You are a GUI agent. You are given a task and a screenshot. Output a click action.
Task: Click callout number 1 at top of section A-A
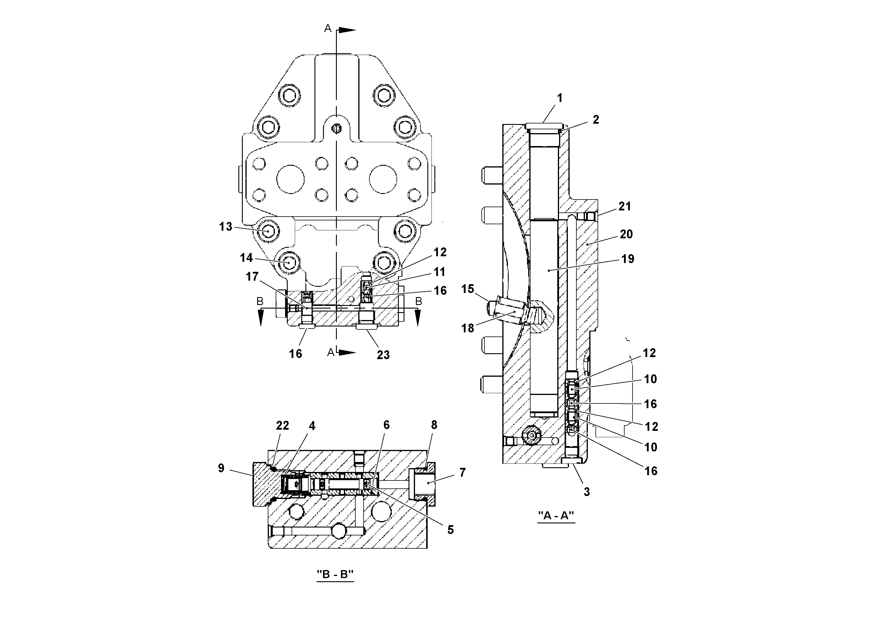pos(559,98)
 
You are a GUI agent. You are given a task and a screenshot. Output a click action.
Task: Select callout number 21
pos(625,207)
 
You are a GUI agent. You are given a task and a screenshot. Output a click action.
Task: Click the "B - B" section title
pos(335,574)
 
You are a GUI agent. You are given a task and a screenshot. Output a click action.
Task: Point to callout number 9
pos(221,468)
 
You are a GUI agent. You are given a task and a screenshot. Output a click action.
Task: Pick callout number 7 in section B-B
pos(462,473)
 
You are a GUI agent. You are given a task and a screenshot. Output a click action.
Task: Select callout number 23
pos(383,355)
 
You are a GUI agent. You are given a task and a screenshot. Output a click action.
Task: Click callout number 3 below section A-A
pos(586,492)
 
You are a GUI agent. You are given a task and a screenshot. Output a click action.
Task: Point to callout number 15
pos(468,289)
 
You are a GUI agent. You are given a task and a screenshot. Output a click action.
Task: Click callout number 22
pos(282,425)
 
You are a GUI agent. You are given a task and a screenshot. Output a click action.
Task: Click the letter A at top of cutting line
pos(328,28)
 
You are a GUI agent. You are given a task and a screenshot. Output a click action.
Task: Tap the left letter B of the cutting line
pos(260,302)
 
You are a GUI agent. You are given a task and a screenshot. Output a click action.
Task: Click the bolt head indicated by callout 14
pos(289,262)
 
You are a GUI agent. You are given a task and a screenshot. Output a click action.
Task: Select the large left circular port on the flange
pos(290,179)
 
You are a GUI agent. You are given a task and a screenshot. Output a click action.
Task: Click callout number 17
pos(252,276)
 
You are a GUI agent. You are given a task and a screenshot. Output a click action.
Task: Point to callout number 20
pos(626,234)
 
